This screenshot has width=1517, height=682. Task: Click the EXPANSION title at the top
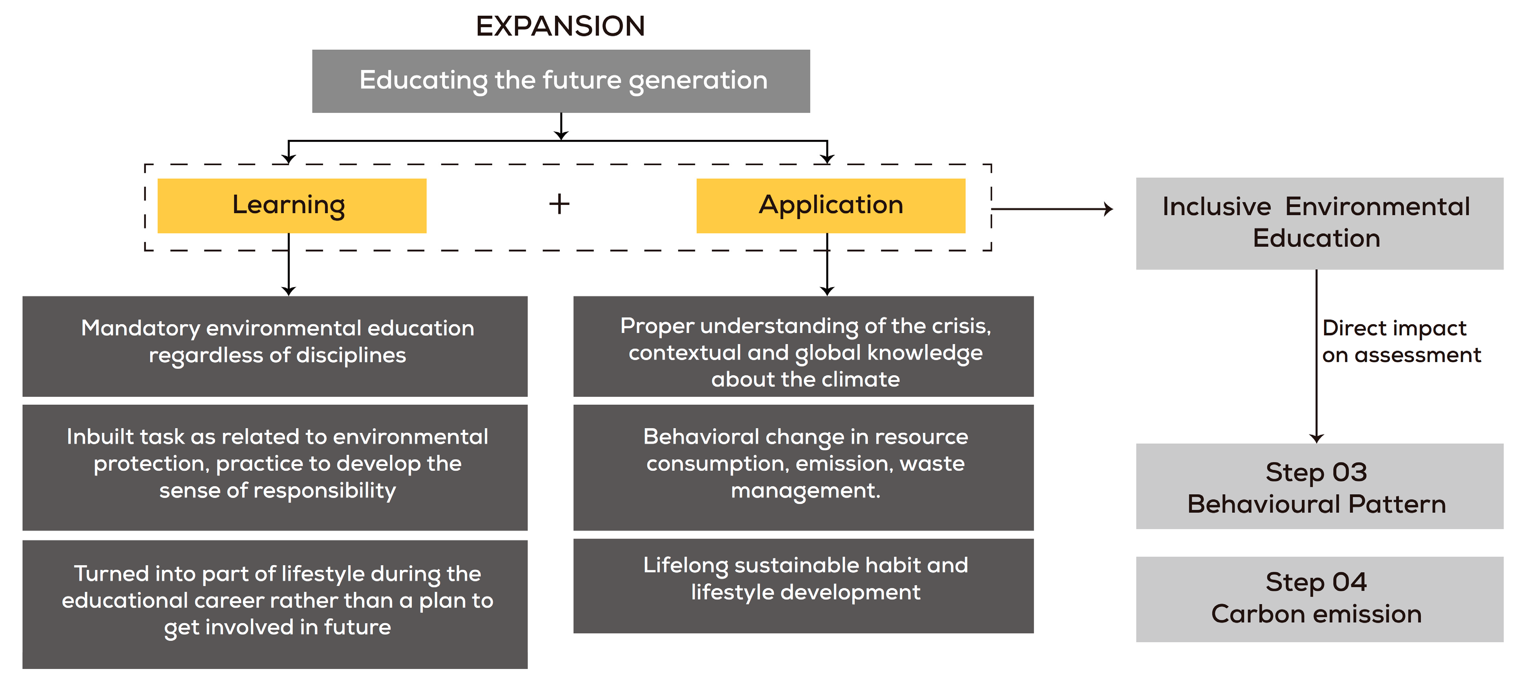coord(560,26)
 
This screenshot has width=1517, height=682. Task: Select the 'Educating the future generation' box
coord(560,81)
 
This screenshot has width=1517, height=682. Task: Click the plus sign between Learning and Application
coord(559,205)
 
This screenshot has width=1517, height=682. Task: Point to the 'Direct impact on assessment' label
coord(1400,341)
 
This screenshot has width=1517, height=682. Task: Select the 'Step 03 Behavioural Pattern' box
coord(1319,486)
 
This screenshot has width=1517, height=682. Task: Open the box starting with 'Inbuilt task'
coord(275,467)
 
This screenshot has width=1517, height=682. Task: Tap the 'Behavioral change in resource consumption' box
coord(803,467)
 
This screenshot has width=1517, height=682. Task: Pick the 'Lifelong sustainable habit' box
coord(803,585)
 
